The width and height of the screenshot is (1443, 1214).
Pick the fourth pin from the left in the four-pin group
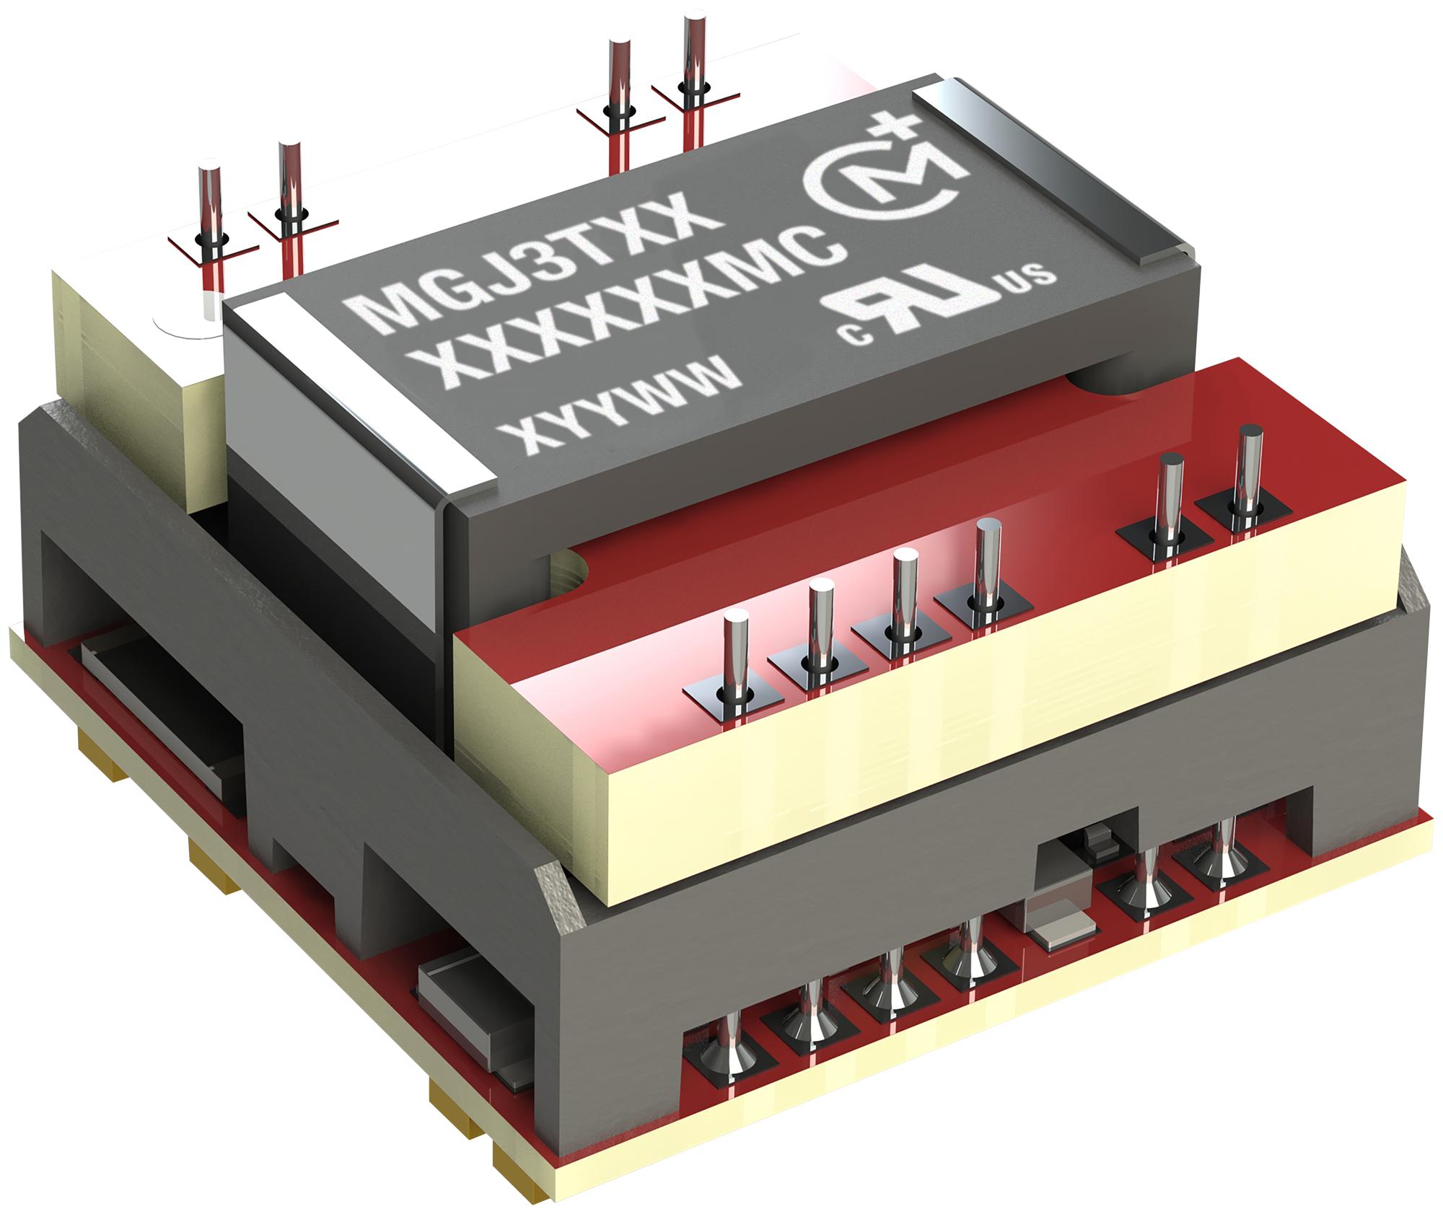(987, 563)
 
